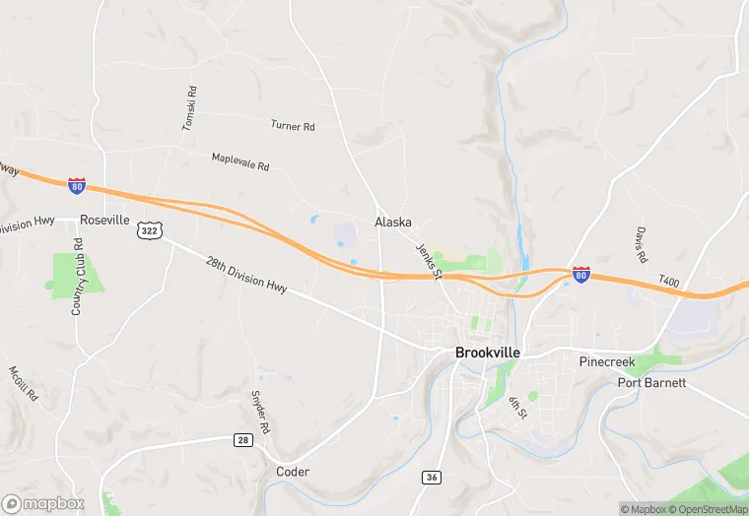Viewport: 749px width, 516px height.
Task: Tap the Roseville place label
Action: pos(105,220)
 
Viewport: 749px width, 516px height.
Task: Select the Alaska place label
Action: pos(393,223)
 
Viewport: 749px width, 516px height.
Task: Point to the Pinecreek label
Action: pos(607,362)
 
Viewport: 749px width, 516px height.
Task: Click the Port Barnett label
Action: pos(651,382)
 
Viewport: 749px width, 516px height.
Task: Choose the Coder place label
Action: pos(293,472)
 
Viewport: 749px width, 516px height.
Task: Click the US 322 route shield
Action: pos(149,229)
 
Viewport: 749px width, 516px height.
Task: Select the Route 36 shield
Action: pos(431,477)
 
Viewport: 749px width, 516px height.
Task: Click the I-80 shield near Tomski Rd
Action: pos(77,185)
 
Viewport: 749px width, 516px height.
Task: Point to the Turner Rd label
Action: pos(293,126)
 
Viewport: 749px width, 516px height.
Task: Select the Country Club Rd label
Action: pos(78,277)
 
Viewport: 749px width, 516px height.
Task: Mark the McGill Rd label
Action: pos(23,383)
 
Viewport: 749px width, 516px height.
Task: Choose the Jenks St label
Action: pos(427,260)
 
